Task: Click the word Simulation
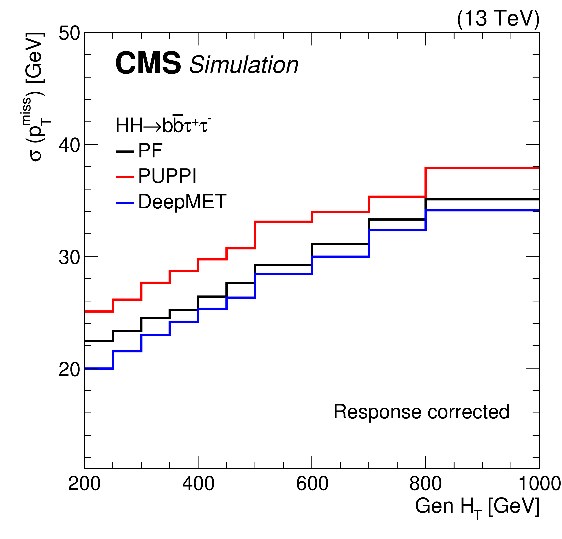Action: click(x=244, y=65)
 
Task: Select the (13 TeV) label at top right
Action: click(x=498, y=19)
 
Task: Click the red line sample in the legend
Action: click(x=125, y=177)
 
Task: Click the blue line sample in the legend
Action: click(x=125, y=203)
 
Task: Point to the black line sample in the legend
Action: click(x=125, y=151)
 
